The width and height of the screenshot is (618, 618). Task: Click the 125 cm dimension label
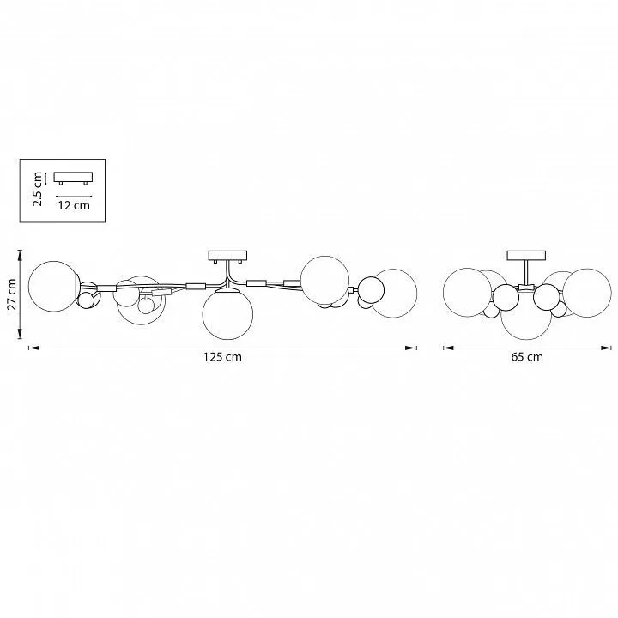(x=222, y=357)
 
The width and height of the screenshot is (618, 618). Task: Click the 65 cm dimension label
(x=527, y=357)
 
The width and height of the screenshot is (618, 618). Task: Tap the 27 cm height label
(x=12, y=294)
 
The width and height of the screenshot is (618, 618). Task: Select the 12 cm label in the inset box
(x=74, y=205)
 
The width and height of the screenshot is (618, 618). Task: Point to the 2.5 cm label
(x=38, y=189)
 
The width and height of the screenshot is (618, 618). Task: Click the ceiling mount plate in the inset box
(x=73, y=178)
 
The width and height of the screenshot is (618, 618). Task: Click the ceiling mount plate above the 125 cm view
(x=227, y=256)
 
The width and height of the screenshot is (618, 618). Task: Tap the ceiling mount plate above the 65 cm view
(x=526, y=255)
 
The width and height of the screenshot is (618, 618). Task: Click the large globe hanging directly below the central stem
(x=227, y=314)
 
